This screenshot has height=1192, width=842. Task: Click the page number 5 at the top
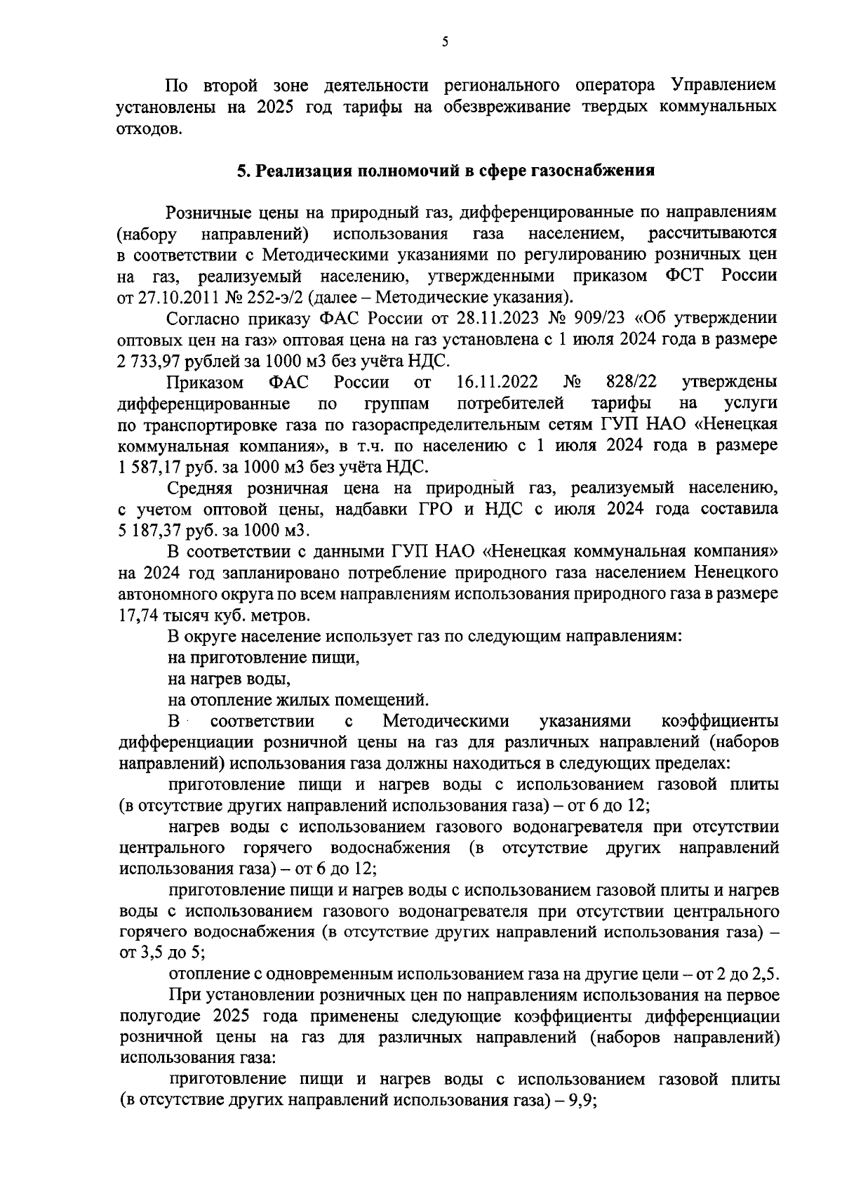446,42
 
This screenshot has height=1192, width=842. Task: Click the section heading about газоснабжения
446,171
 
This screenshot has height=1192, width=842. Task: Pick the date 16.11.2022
497,383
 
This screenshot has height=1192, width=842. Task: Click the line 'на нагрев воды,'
229,680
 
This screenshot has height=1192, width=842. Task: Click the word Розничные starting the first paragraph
210,211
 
